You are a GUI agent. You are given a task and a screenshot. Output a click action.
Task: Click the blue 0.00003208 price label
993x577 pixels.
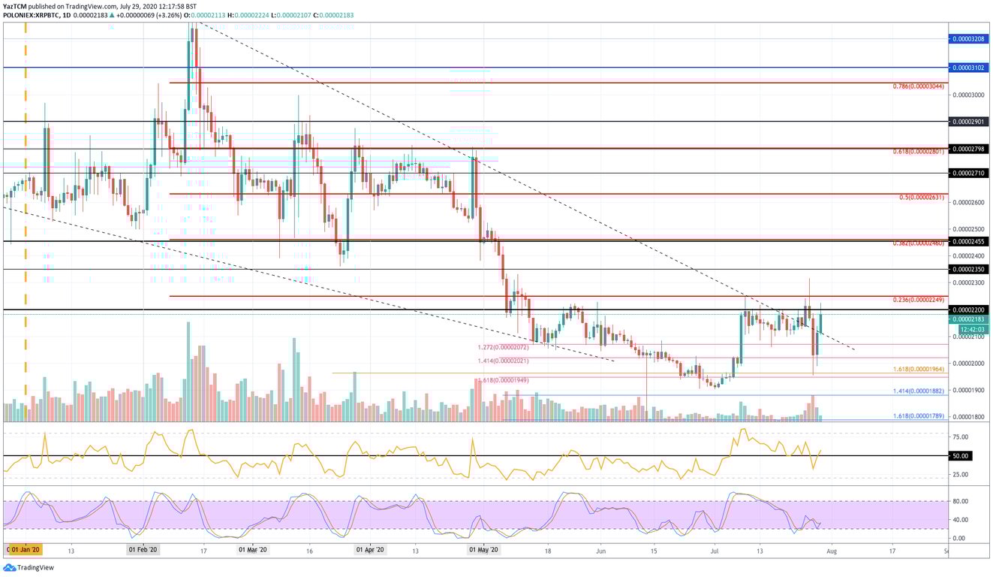(x=968, y=38)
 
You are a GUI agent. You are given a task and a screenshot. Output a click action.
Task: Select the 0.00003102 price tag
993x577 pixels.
(x=968, y=67)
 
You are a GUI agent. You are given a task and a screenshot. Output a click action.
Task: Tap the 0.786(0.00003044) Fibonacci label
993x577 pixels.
(x=919, y=86)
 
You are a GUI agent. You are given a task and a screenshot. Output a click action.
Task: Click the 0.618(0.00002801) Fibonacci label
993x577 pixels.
(x=919, y=152)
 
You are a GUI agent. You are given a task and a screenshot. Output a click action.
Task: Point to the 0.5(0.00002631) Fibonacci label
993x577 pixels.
(x=922, y=198)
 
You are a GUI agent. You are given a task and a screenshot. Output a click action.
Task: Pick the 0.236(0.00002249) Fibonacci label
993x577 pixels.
(x=919, y=301)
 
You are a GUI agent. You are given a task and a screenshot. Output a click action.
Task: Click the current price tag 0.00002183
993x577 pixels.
(x=968, y=319)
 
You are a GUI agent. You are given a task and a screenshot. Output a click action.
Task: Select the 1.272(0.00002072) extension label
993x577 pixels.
(x=502, y=348)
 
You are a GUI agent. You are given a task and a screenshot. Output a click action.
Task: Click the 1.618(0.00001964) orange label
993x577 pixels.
(x=919, y=370)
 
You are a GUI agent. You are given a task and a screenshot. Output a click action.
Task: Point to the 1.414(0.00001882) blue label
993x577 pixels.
(x=919, y=391)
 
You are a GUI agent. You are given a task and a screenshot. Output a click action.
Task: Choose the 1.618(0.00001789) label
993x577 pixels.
(x=919, y=416)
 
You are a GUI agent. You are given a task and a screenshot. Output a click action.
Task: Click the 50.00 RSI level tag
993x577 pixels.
(x=961, y=455)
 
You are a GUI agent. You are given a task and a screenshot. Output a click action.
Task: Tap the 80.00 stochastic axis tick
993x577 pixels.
(x=959, y=501)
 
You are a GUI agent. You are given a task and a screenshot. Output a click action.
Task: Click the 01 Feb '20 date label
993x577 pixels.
(x=142, y=550)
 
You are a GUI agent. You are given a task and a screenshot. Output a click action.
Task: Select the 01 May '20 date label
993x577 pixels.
(x=483, y=550)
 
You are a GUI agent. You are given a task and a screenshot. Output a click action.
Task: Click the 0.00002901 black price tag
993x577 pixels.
(x=968, y=121)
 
